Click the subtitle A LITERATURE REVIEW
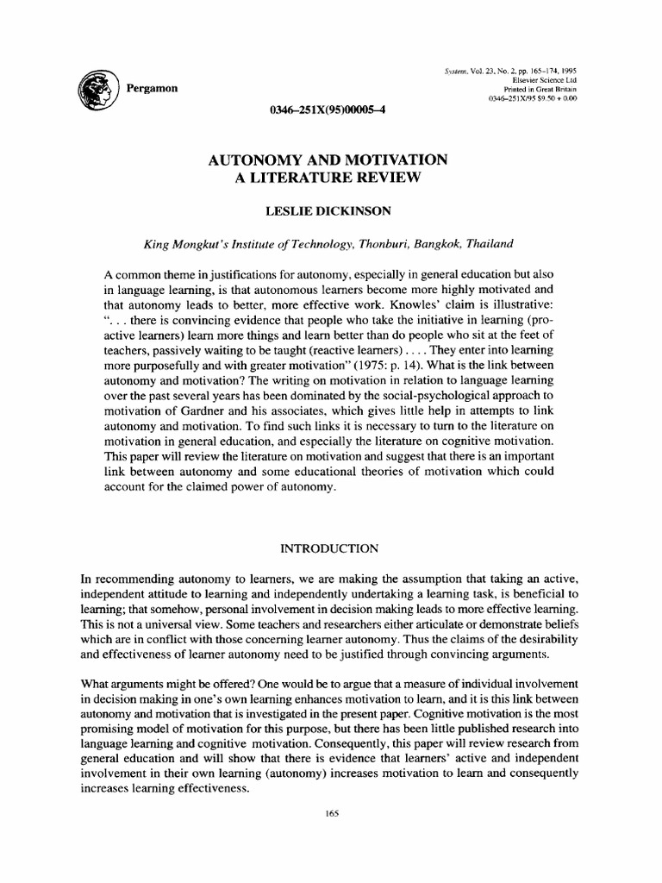pyautogui.click(x=331, y=178)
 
